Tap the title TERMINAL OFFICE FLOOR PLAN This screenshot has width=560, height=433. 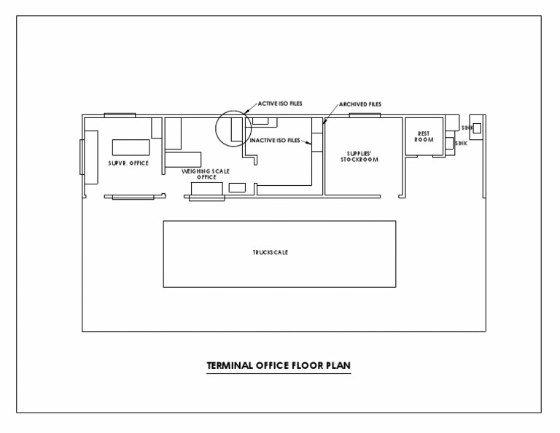(x=279, y=365)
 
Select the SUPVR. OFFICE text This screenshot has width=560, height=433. (x=128, y=163)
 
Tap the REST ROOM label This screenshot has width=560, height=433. (x=424, y=136)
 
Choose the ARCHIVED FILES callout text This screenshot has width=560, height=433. (x=359, y=104)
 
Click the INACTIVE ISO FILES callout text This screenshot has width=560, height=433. (x=274, y=140)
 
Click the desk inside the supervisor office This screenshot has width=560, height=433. (x=128, y=144)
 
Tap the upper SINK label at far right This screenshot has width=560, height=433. (x=467, y=128)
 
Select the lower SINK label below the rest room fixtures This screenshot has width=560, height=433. (x=461, y=144)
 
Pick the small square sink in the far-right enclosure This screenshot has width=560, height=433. (x=476, y=128)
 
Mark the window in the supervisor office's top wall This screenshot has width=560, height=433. (x=120, y=115)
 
